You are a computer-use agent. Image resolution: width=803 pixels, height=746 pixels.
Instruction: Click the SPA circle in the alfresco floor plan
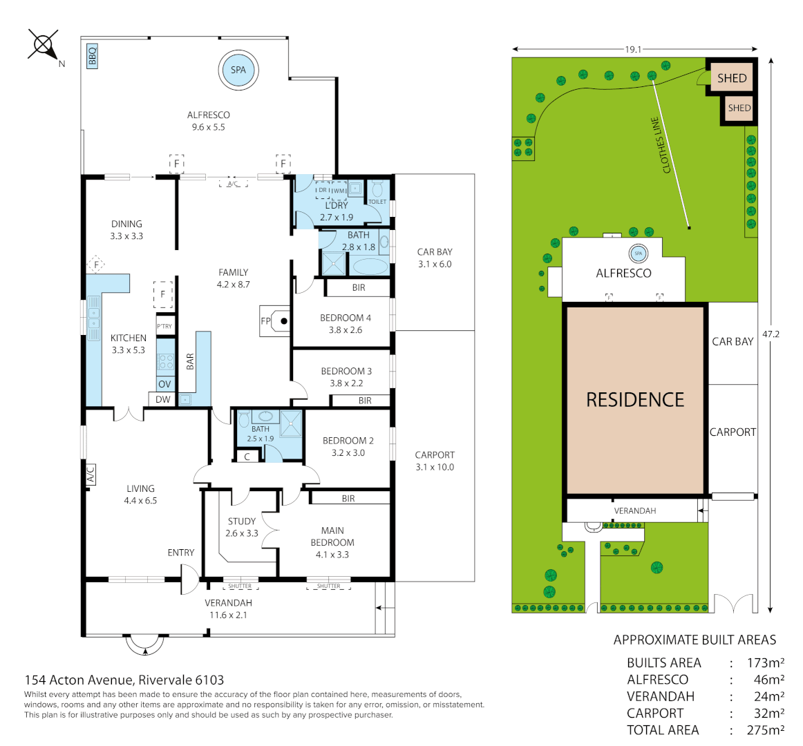click(238, 70)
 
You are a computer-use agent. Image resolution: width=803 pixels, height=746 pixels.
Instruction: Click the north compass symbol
click(44, 46)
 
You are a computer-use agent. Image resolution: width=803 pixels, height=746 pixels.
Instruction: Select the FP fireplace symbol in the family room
click(275, 321)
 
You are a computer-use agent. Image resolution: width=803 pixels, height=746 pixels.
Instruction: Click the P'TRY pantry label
click(164, 326)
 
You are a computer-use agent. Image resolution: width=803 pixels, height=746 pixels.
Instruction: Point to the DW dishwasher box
click(162, 399)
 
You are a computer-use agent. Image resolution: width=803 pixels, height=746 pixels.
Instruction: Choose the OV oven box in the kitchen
click(164, 384)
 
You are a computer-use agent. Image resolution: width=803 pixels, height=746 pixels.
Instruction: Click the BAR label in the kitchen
click(190, 361)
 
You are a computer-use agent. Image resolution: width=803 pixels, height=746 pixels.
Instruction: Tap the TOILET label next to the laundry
click(377, 202)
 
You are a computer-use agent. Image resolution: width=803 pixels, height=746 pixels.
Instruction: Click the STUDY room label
click(242, 522)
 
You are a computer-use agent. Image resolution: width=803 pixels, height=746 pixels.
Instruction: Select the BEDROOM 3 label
click(346, 371)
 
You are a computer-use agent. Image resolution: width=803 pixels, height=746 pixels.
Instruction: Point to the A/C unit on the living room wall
click(91, 475)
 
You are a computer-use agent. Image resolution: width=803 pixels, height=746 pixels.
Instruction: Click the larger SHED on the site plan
click(732, 78)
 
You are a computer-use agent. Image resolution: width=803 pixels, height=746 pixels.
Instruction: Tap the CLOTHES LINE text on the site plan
click(661, 145)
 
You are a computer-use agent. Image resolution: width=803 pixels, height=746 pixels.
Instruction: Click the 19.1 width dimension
click(633, 49)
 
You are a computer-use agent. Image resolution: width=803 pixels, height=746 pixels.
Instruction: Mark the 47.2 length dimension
click(771, 334)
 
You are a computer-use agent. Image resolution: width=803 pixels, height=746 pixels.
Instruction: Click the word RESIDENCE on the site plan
click(635, 399)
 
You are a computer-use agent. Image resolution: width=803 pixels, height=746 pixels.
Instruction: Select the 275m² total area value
click(765, 730)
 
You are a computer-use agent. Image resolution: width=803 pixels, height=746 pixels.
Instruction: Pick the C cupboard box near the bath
click(247, 457)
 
